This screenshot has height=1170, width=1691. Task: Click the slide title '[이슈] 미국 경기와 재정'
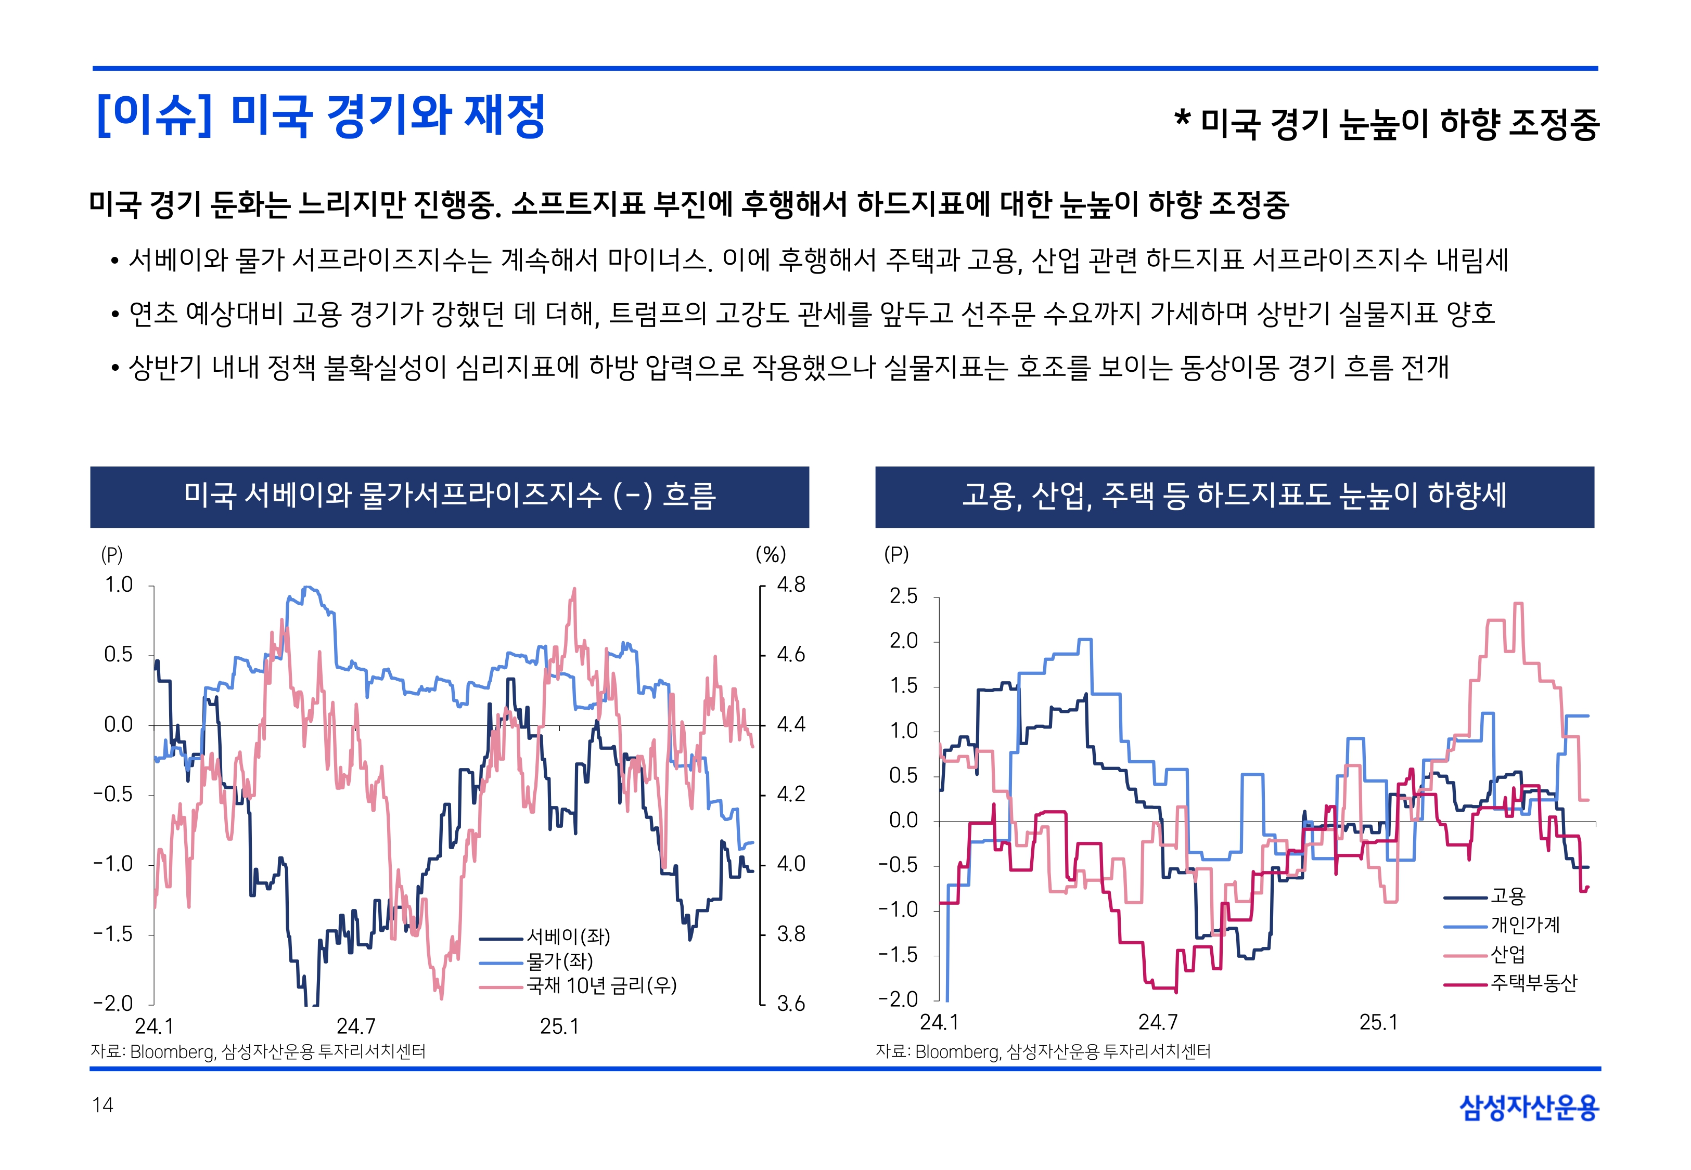321,116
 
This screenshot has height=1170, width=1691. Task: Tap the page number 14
103,1105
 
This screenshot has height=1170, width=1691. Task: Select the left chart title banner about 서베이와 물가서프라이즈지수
450,496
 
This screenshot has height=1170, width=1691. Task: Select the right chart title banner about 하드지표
1234,496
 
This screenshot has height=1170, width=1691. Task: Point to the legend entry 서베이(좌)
568,936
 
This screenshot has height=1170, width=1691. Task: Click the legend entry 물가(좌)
559,961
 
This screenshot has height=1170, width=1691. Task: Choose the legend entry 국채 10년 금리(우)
601,985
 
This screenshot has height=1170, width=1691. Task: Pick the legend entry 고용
1508,896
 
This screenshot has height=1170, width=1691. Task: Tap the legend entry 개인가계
1525,925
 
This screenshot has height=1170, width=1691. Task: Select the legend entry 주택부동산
1533,983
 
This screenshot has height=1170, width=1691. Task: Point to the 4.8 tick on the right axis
790,585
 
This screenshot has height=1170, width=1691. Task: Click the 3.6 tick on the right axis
790,1004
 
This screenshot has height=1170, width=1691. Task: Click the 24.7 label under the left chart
356,1026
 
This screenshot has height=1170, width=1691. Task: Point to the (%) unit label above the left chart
770,554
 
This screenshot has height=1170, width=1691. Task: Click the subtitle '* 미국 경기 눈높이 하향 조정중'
1386,123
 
